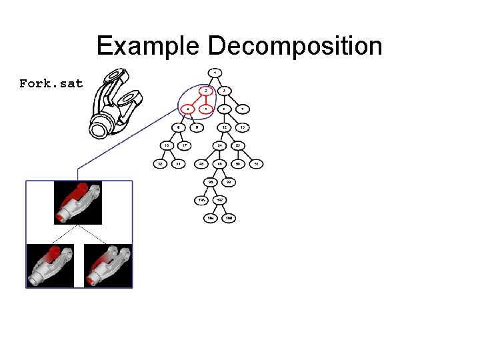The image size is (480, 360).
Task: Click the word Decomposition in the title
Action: click(x=295, y=47)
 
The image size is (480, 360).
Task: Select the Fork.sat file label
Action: click(x=51, y=84)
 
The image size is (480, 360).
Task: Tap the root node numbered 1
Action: click(x=215, y=72)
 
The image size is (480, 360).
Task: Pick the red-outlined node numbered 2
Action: click(x=206, y=91)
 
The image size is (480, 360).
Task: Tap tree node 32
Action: click(x=160, y=163)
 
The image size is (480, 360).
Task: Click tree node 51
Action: click(x=257, y=163)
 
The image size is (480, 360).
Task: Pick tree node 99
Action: click(x=229, y=181)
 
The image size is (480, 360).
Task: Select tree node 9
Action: click(x=196, y=127)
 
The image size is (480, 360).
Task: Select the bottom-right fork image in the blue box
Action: click(x=108, y=265)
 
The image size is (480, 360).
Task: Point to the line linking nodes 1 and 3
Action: click(x=220, y=81)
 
